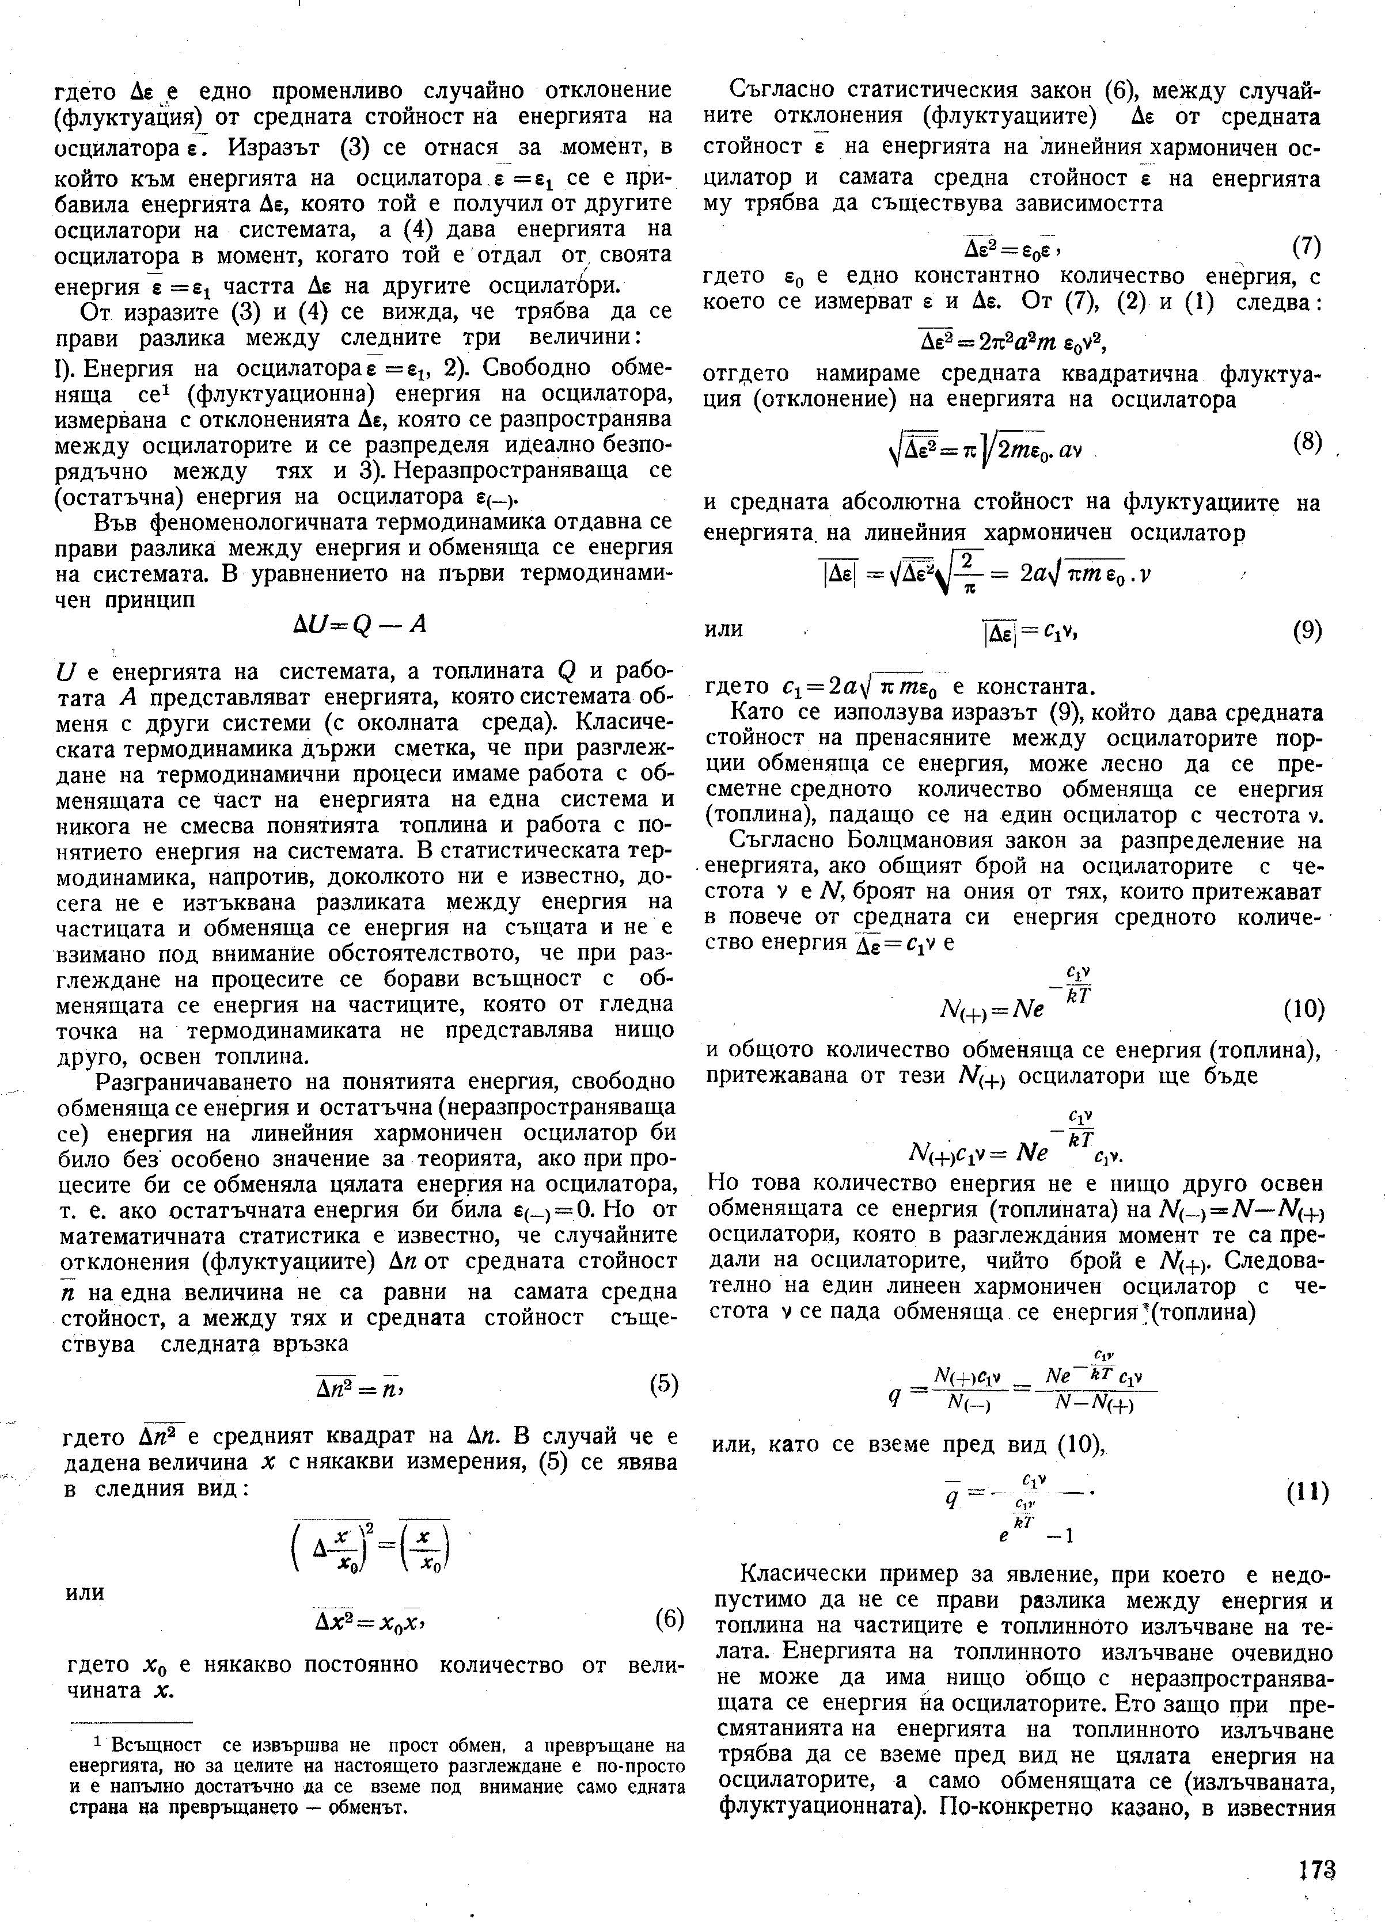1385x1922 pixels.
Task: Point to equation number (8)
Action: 1306,443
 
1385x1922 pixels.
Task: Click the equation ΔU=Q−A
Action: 357,625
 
